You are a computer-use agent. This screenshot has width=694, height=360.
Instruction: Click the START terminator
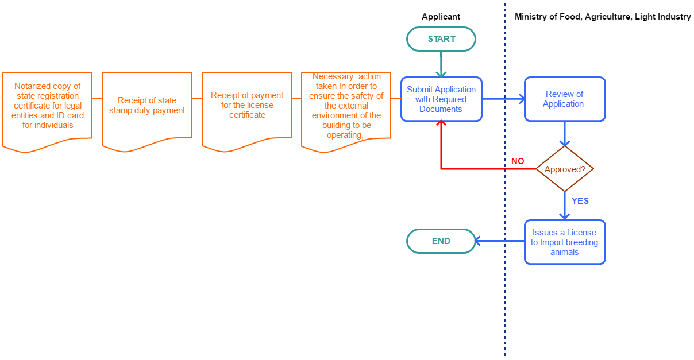pos(441,39)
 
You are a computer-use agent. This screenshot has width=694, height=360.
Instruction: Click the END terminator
pos(441,241)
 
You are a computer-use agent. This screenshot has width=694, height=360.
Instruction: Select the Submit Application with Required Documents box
pos(441,99)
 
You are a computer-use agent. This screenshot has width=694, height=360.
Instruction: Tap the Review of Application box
pos(565,99)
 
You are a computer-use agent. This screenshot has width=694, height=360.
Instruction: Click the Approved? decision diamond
pos(565,169)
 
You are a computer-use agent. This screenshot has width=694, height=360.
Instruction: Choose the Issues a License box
pos(565,242)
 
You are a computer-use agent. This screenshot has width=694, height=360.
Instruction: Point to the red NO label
pos(518,161)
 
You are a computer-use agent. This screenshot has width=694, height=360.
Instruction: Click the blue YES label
pos(580,200)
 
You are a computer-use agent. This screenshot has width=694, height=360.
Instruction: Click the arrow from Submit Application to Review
pos(503,99)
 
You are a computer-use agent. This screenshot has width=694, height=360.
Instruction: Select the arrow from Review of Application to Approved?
pos(565,134)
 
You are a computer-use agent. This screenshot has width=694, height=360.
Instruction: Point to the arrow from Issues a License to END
pos(500,241)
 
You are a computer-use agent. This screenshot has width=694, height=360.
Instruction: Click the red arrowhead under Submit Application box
pos(441,123)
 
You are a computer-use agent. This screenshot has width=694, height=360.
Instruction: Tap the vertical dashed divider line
pos(505,299)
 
